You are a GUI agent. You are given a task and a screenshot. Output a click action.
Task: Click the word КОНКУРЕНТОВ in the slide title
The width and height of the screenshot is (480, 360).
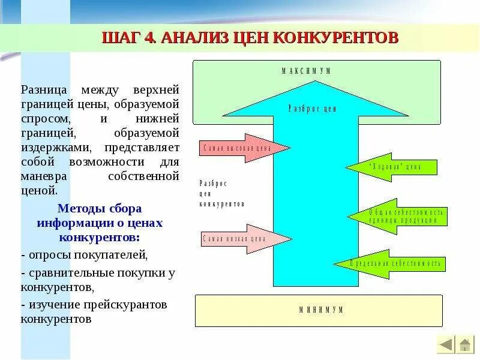click(x=336, y=37)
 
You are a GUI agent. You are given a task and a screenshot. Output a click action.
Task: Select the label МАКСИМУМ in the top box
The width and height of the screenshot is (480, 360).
click(x=307, y=71)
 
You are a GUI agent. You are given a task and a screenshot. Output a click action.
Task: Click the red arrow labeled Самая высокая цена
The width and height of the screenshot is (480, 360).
click(x=242, y=148)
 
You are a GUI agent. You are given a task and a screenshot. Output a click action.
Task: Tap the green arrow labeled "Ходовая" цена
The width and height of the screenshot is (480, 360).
click(x=394, y=167)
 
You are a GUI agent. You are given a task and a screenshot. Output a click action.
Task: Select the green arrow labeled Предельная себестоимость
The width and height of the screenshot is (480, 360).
click(x=391, y=263)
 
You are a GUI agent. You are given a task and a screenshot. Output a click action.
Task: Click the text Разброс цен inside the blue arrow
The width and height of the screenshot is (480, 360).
click(x=312, y=109)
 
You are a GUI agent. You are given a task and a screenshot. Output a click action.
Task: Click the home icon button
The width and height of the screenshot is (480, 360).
click(x=465, y=344)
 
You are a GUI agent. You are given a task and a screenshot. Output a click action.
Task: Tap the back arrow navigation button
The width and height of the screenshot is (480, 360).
click(x=446, y=344)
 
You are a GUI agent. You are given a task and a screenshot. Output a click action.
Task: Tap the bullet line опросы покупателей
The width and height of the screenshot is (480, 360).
click(x=84, y=255)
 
